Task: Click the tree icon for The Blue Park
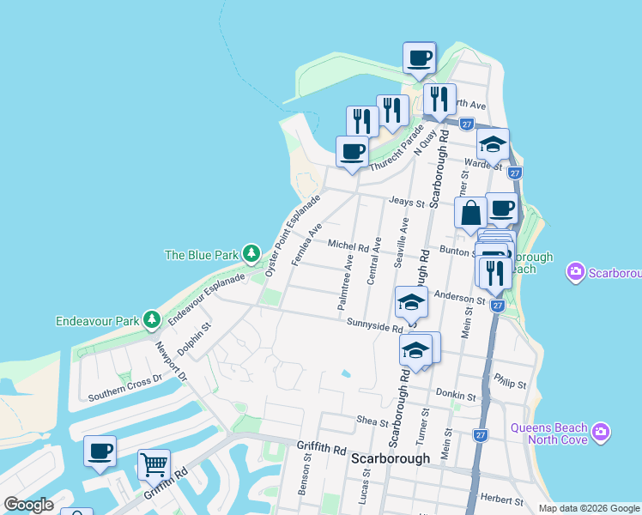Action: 251,253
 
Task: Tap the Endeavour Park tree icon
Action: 152,320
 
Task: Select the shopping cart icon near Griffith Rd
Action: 154,465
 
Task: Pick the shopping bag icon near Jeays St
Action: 471,213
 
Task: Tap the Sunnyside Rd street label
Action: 375,324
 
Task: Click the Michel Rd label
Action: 348,245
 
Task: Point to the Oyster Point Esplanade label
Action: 292,234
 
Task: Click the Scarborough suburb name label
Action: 391,459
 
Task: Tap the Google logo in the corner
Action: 28,505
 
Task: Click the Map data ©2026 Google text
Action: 588,508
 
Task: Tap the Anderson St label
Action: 460,297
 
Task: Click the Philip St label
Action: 511,380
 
